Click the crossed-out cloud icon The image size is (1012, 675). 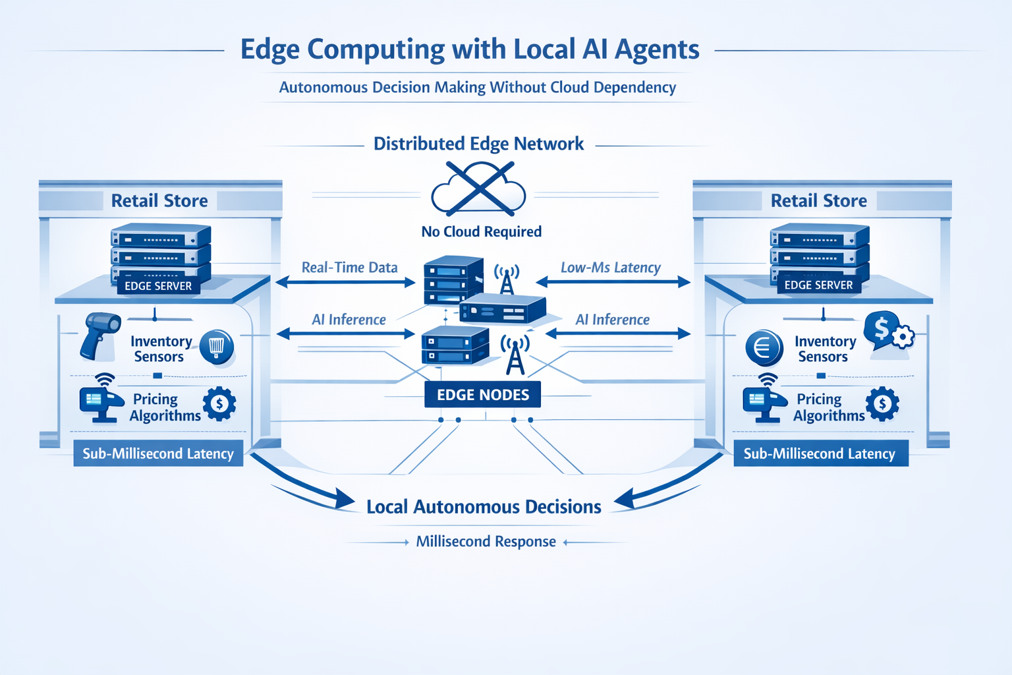(479, 191)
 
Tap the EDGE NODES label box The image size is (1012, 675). (483, 395)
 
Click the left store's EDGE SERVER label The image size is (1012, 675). (158, 286)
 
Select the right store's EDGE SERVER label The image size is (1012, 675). (818, 285)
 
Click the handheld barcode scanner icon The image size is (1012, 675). (99, 335)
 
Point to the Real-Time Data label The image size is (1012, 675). (349, 268)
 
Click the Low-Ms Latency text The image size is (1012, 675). (610, 268)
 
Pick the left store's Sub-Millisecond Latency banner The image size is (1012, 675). (158, 454)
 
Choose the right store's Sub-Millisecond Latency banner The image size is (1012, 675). (820, 454)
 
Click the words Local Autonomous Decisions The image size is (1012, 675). (484, 507)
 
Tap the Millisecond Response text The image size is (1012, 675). (486, 542)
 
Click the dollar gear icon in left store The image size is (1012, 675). (219, 403)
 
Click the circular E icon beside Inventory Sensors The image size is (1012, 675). (764, 347)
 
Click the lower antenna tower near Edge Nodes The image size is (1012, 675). (515, 354)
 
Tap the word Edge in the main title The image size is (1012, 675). (269, 50)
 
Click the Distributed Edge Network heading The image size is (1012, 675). (478, 144)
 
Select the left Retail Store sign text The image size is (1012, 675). (159, 200)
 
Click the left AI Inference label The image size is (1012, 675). (349, 320)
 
